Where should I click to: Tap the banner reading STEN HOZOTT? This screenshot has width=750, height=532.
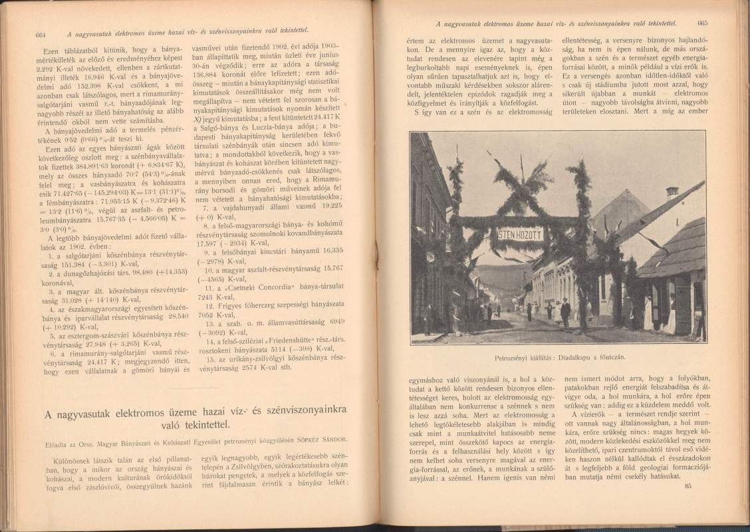[x=521, y=234]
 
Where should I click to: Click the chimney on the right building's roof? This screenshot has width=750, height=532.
[x=672, y=192]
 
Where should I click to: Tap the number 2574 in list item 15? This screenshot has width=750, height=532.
[x=262, y=366]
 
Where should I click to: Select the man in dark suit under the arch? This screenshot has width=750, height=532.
[x=565, y=313]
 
